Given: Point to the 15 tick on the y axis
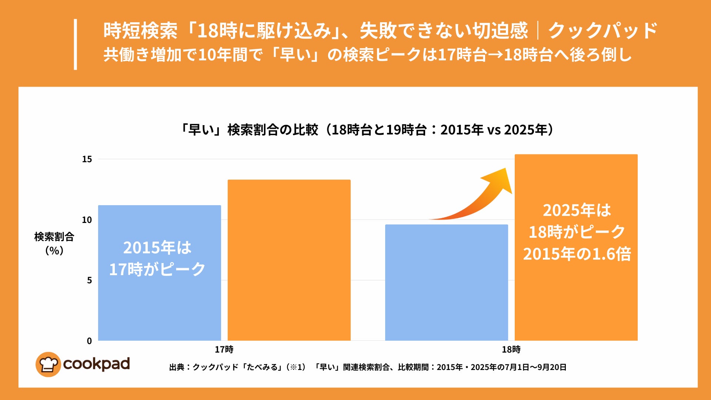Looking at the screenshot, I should pos(87,159).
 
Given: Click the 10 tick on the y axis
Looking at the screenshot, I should pos(87,220).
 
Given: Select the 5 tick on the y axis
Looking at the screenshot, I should pos(89,280).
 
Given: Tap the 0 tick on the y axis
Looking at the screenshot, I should pos(89,341).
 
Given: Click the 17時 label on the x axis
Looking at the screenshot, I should pos(224,349).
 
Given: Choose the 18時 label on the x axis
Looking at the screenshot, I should pos(511,349).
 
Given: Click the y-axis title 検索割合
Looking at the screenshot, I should pos(54,237).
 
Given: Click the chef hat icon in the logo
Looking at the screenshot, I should pos(48,364).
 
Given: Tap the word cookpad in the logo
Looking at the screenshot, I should pos(96,364).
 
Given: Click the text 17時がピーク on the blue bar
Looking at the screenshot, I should pos(157,269).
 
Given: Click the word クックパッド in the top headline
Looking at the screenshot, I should pos(602,30).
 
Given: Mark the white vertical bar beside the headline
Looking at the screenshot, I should pos(76,44).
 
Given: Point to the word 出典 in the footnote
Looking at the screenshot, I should pos(177,367).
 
